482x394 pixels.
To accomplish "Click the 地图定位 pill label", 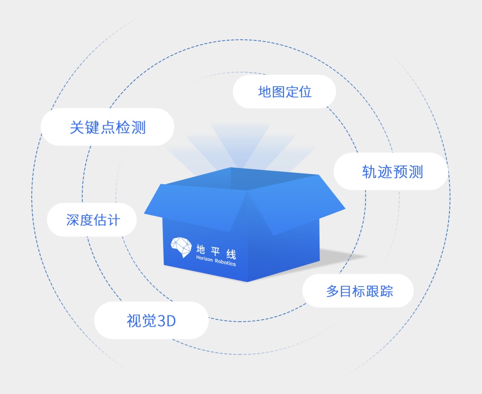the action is click(x=284, y=91).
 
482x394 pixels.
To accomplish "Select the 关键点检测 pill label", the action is click(x=107, y=127).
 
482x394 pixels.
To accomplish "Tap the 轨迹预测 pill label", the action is click(x=391, y=171).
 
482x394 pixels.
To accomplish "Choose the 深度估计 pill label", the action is click(x=92, y=220).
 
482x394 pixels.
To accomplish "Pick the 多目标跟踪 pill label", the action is click(x=358, y=291).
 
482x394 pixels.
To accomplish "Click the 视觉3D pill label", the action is click(x=151, y=320).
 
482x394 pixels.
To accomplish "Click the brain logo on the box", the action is click(x=181, y=247).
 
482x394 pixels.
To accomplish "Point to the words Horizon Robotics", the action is click(x=216, y=261).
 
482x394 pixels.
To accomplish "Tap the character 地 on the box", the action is click(x=201, y=249).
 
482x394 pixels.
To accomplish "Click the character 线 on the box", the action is click(x=231, y=254).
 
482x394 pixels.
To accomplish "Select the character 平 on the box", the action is click(x=216, y=251).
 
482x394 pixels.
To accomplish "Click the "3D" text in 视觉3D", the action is click(x=166, y=320).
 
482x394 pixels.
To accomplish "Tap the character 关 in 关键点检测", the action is click(x=77, y=127).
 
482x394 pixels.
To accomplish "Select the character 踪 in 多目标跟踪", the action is click(x=386, y=291).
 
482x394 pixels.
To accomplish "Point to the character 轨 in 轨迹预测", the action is click(x=369, y=172).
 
